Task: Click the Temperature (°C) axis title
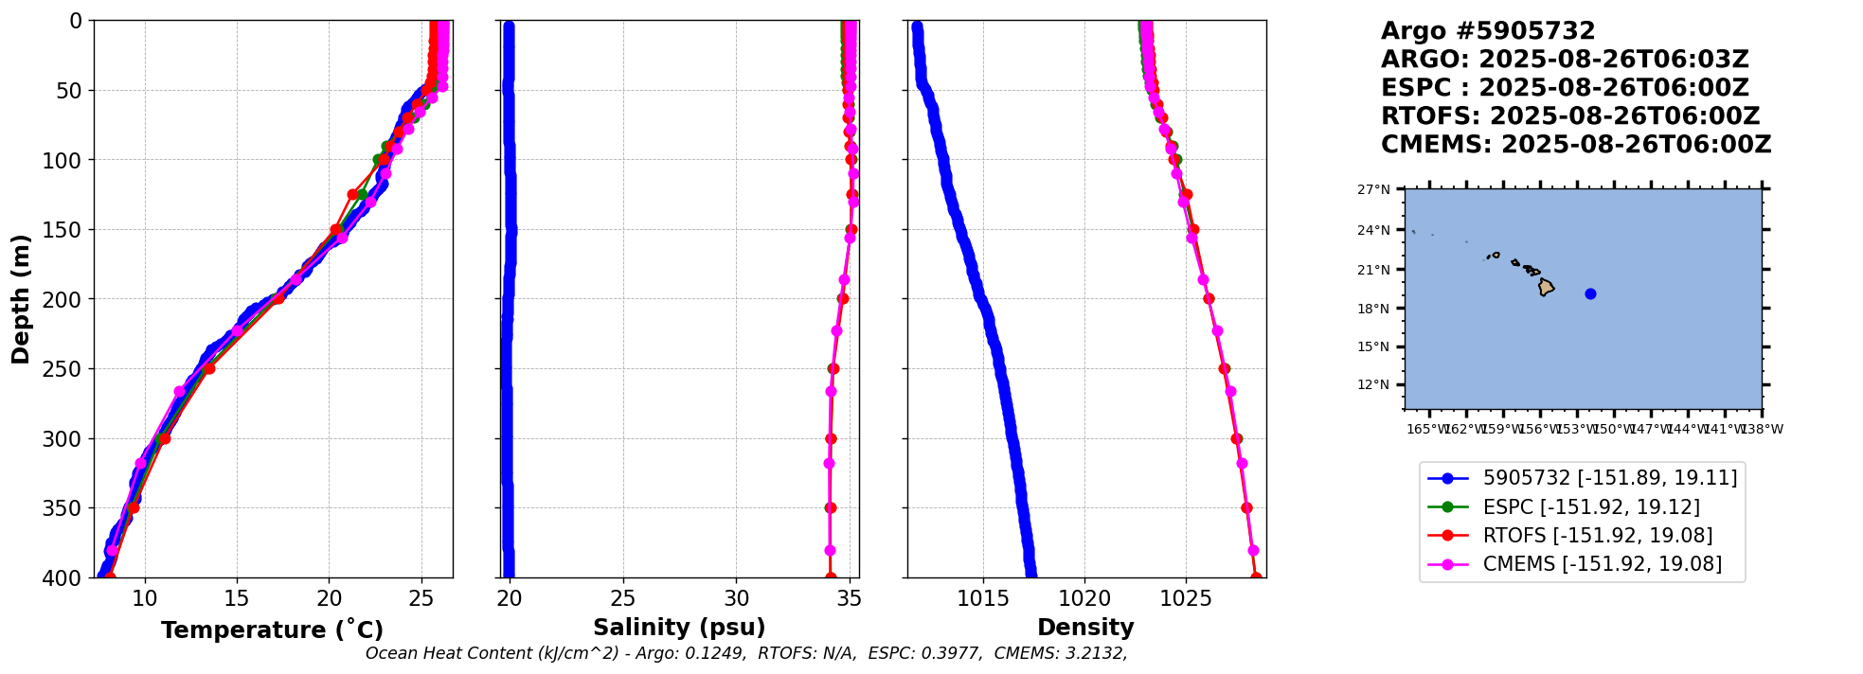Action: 272,630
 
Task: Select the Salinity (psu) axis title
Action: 679,628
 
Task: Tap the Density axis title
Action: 1085,628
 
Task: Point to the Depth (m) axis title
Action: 21,299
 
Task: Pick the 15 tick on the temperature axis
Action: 237,598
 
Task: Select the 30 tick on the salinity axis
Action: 736,598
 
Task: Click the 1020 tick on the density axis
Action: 1084,598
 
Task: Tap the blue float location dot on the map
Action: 1590,293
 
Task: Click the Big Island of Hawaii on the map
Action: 1546,287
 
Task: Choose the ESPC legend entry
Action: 1590,507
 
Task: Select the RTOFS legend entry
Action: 1597,536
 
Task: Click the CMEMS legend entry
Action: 1602,564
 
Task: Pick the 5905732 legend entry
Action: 1609,479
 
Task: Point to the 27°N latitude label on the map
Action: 1373,190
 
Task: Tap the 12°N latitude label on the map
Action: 1373,384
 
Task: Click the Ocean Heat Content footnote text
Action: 746,653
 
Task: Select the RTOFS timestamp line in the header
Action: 1569,116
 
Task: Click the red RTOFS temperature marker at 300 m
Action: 165,438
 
